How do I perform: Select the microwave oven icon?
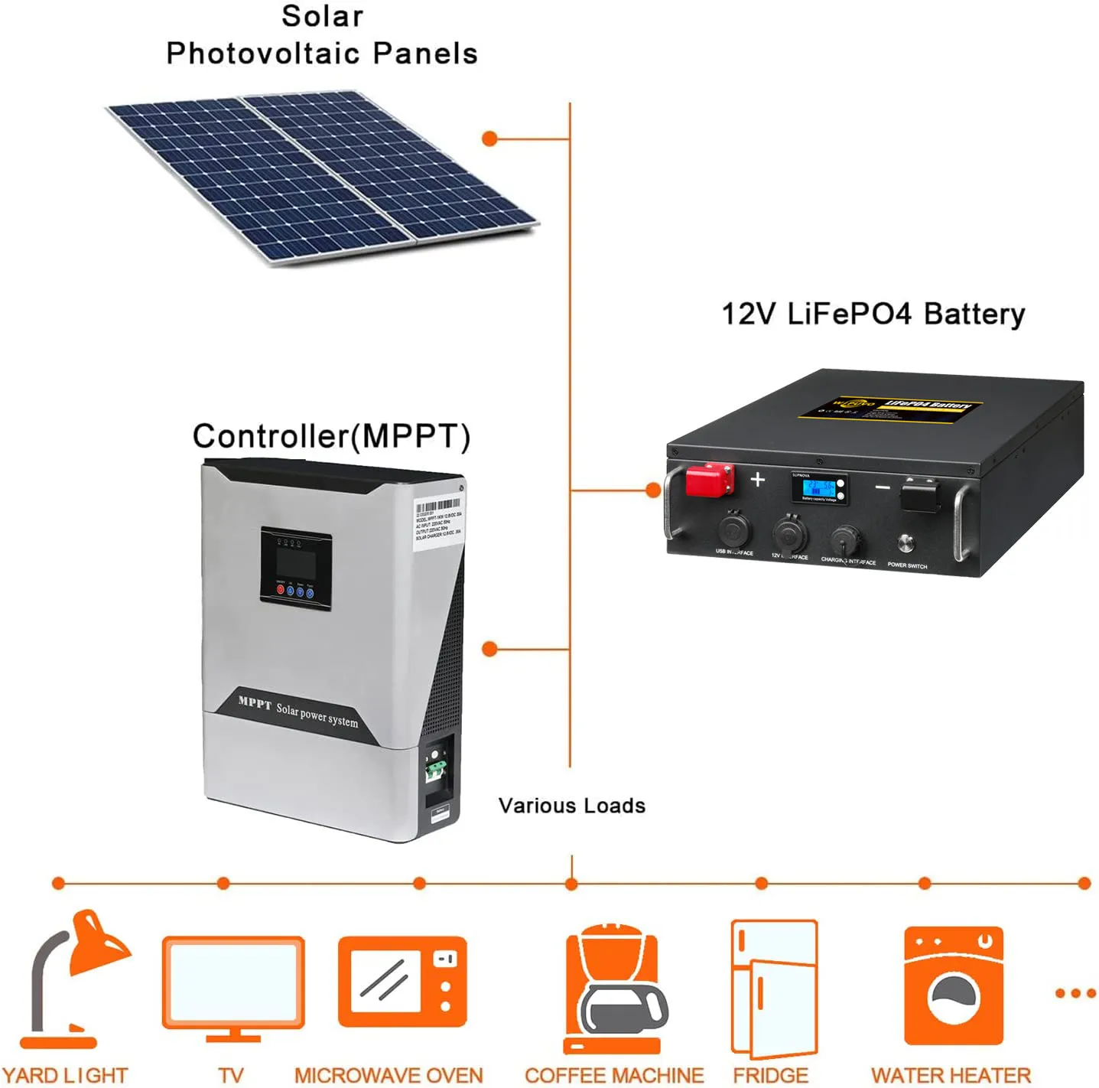(402, 982)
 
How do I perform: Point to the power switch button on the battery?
(906, 543)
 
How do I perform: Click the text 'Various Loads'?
(571, 806)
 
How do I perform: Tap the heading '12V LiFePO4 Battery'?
(873, 314)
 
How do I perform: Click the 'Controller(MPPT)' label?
(331, 436)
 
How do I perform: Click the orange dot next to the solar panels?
(490, 138)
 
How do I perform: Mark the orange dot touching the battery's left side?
(653, 490)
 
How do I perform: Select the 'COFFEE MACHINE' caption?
(614, 1075)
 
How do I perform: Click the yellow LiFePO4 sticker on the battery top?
(892, 406)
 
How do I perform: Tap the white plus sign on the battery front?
(757, 479)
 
